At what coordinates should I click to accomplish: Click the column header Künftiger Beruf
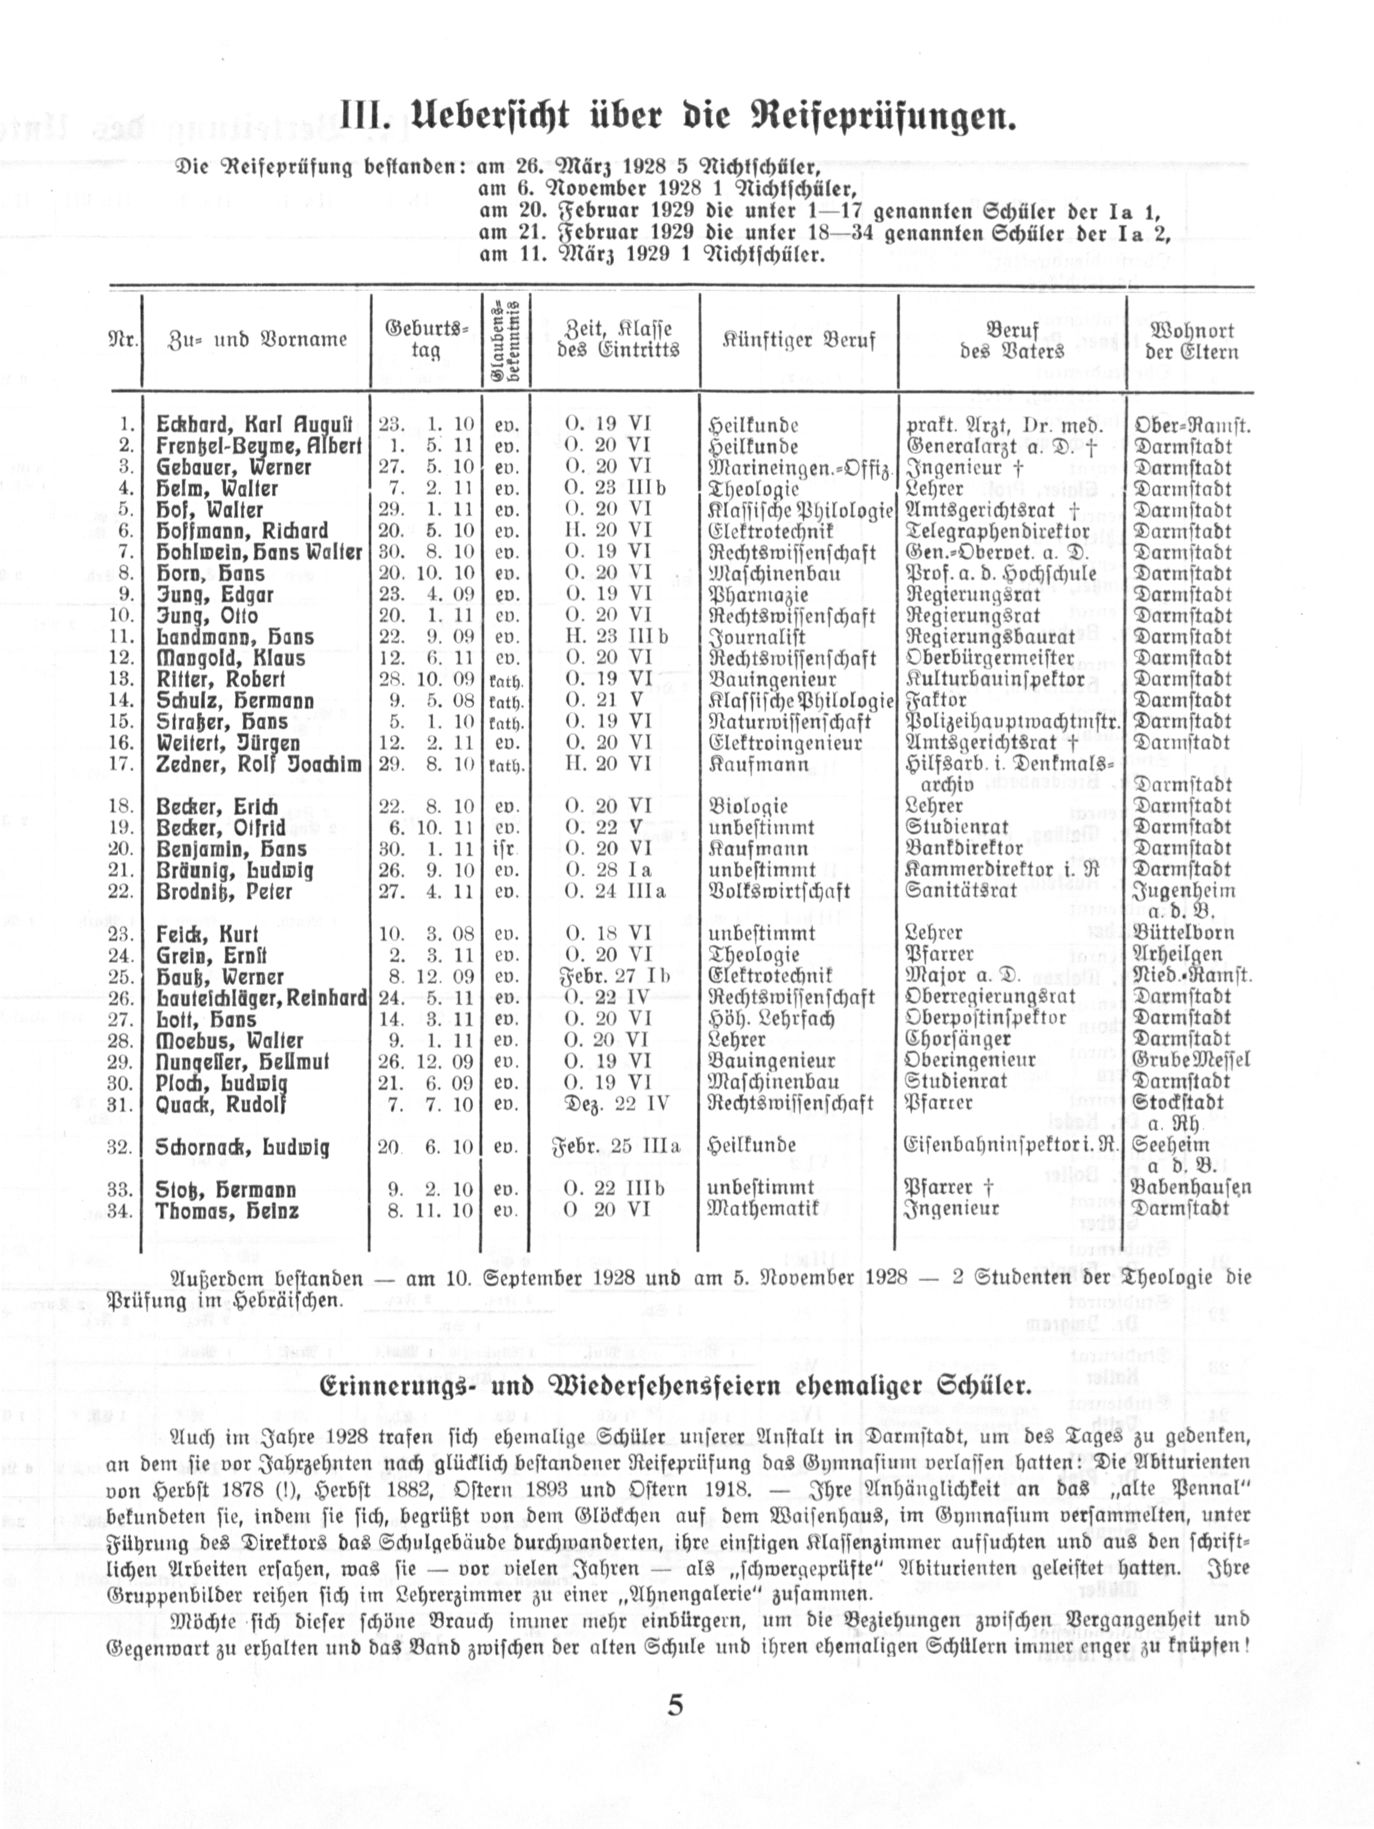pyautogui.click(x=799, y=340)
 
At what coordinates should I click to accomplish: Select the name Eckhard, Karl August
pyautogui.click(x=254, y=425)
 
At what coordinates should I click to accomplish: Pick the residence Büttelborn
pyautogui.click(x=1184, y=934)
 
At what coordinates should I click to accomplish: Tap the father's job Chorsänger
pyautogui.click(x=958, y=1039)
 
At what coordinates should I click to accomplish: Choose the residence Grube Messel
pyautogui.click(x=1191, y=1061)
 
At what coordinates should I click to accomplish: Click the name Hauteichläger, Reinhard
pyautogui.click(x=261, y=998)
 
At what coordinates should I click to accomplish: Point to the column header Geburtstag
pyautogui.click(x=426, y=339)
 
